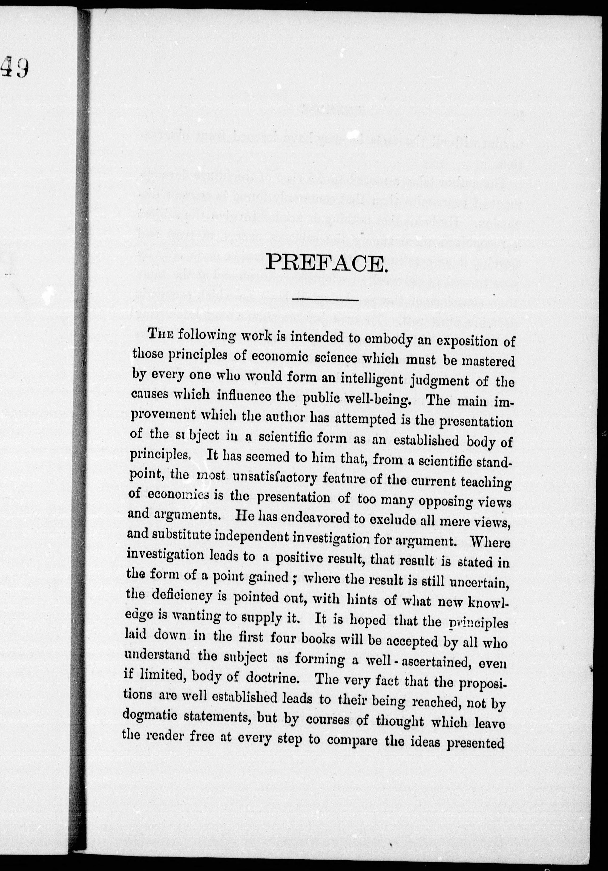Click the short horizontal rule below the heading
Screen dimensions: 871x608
[x=326, y=301]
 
